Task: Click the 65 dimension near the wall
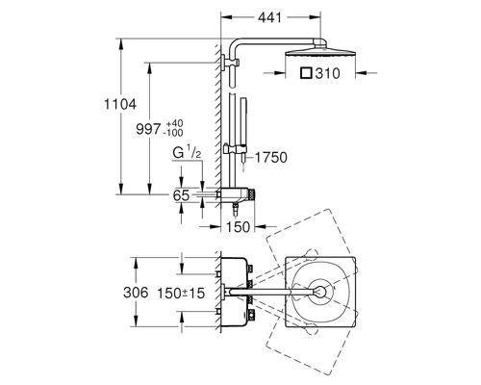point(181,193)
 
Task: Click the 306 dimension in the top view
point(138,292)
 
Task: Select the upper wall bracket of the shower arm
point(229,64)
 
